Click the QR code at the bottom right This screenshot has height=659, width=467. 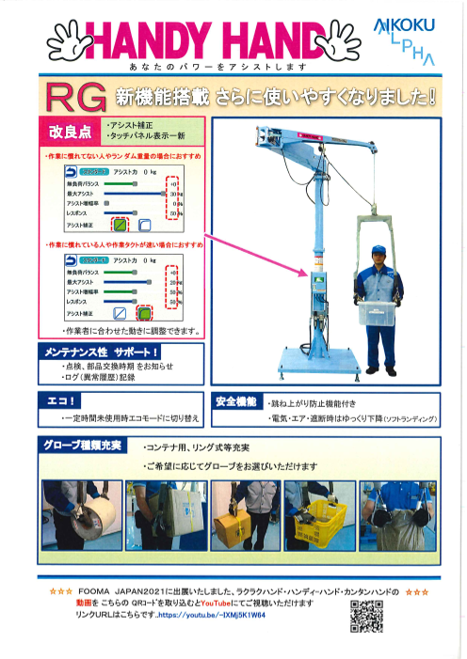tap(367, 616)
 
